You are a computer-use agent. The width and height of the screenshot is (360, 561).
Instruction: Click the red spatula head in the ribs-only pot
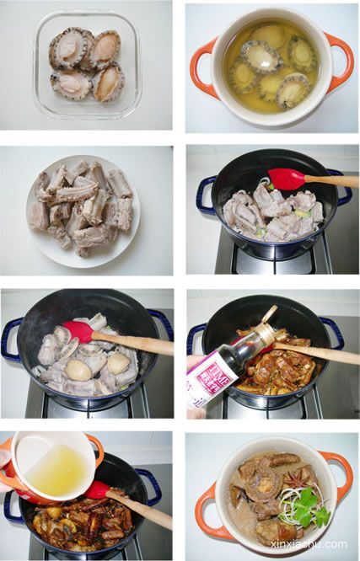[x=287, y=179]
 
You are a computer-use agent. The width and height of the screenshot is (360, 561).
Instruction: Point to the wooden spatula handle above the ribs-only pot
[x=332, y=180]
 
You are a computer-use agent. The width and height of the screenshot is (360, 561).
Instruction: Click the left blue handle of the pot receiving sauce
[x=195, y=337]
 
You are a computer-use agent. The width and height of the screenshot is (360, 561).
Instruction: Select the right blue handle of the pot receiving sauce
[x=332, y=332]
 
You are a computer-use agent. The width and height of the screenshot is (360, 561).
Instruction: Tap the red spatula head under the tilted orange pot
[x=98, y=489]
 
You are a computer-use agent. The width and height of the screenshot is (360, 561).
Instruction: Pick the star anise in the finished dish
[x=297, y=481]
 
